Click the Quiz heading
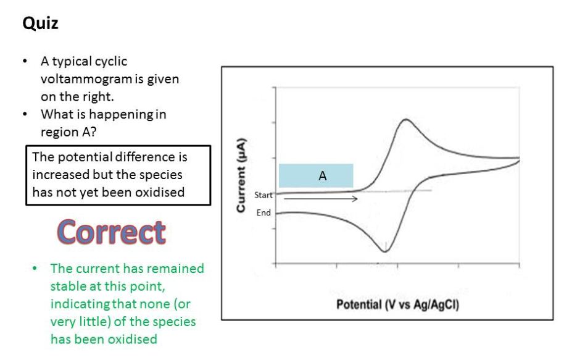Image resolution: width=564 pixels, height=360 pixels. pyautogui.click(x=40, y=23)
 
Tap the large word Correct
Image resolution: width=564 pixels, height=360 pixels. pyautogui.click(x=112, y=232)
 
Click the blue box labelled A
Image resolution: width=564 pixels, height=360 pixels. pyautogui.click(x=316, y=176)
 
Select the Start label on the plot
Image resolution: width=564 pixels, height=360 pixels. pyautogui.click(x=263, y=195)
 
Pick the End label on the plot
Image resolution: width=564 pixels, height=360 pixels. pyautogui.click(x=263, y=213)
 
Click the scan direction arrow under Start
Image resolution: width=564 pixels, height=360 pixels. pyautogui.click(x=321, y=198)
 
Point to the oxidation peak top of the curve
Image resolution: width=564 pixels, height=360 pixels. pyautogui.click(x=406, y=120)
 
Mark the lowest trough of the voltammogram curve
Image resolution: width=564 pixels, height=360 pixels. pyautogui.click(x=384, y=251)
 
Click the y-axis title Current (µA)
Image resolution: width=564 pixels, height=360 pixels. pyautogui.click(x=241, y=175)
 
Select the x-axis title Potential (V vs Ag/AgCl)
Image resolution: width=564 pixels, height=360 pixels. pyautogui.click(x=397, y=304)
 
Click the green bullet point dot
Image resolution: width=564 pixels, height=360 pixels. pyautogui.click(x=35, y=268)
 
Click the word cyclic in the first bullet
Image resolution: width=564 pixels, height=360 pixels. pyautogui.click(x=111, y=62)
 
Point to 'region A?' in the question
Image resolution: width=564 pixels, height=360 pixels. pyautogui.click(x=68, y=132)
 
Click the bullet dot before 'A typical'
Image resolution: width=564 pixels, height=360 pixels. pyautogui.click(x=25, y=61)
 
